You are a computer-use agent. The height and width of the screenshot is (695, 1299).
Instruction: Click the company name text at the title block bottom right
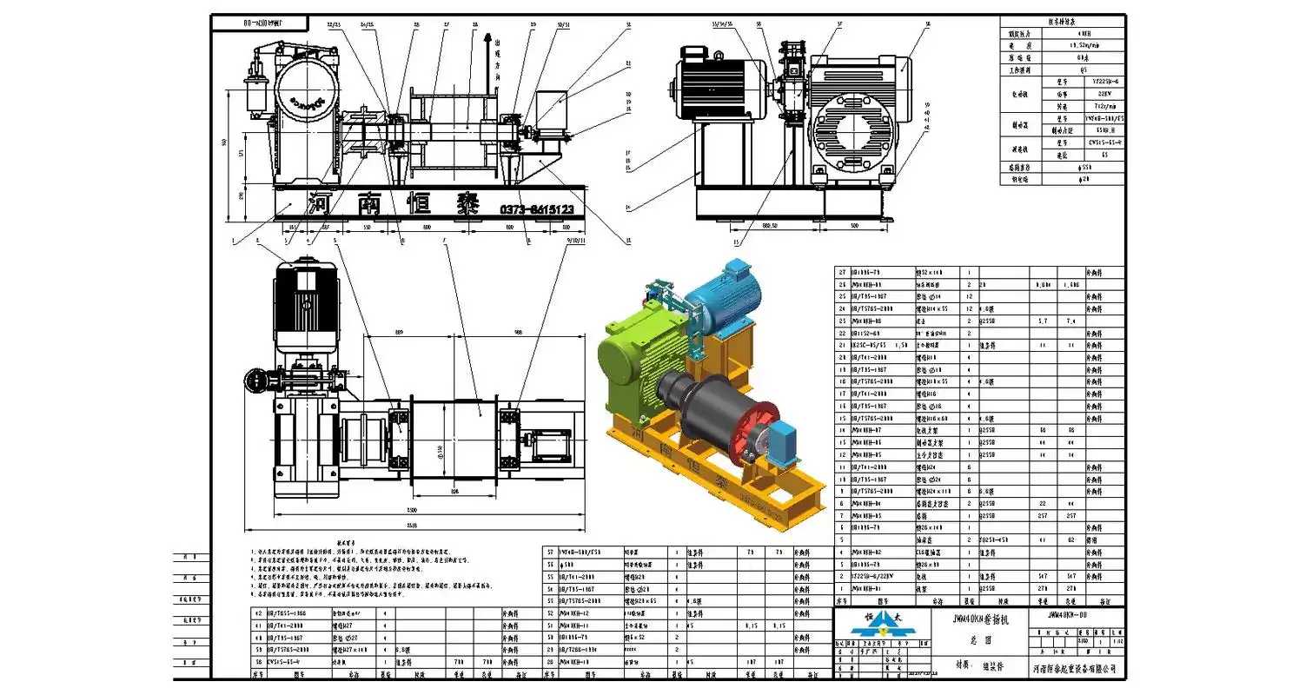[x=1074, y=668]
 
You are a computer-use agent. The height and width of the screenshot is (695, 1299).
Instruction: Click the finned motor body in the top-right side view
[x=714, y=88]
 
